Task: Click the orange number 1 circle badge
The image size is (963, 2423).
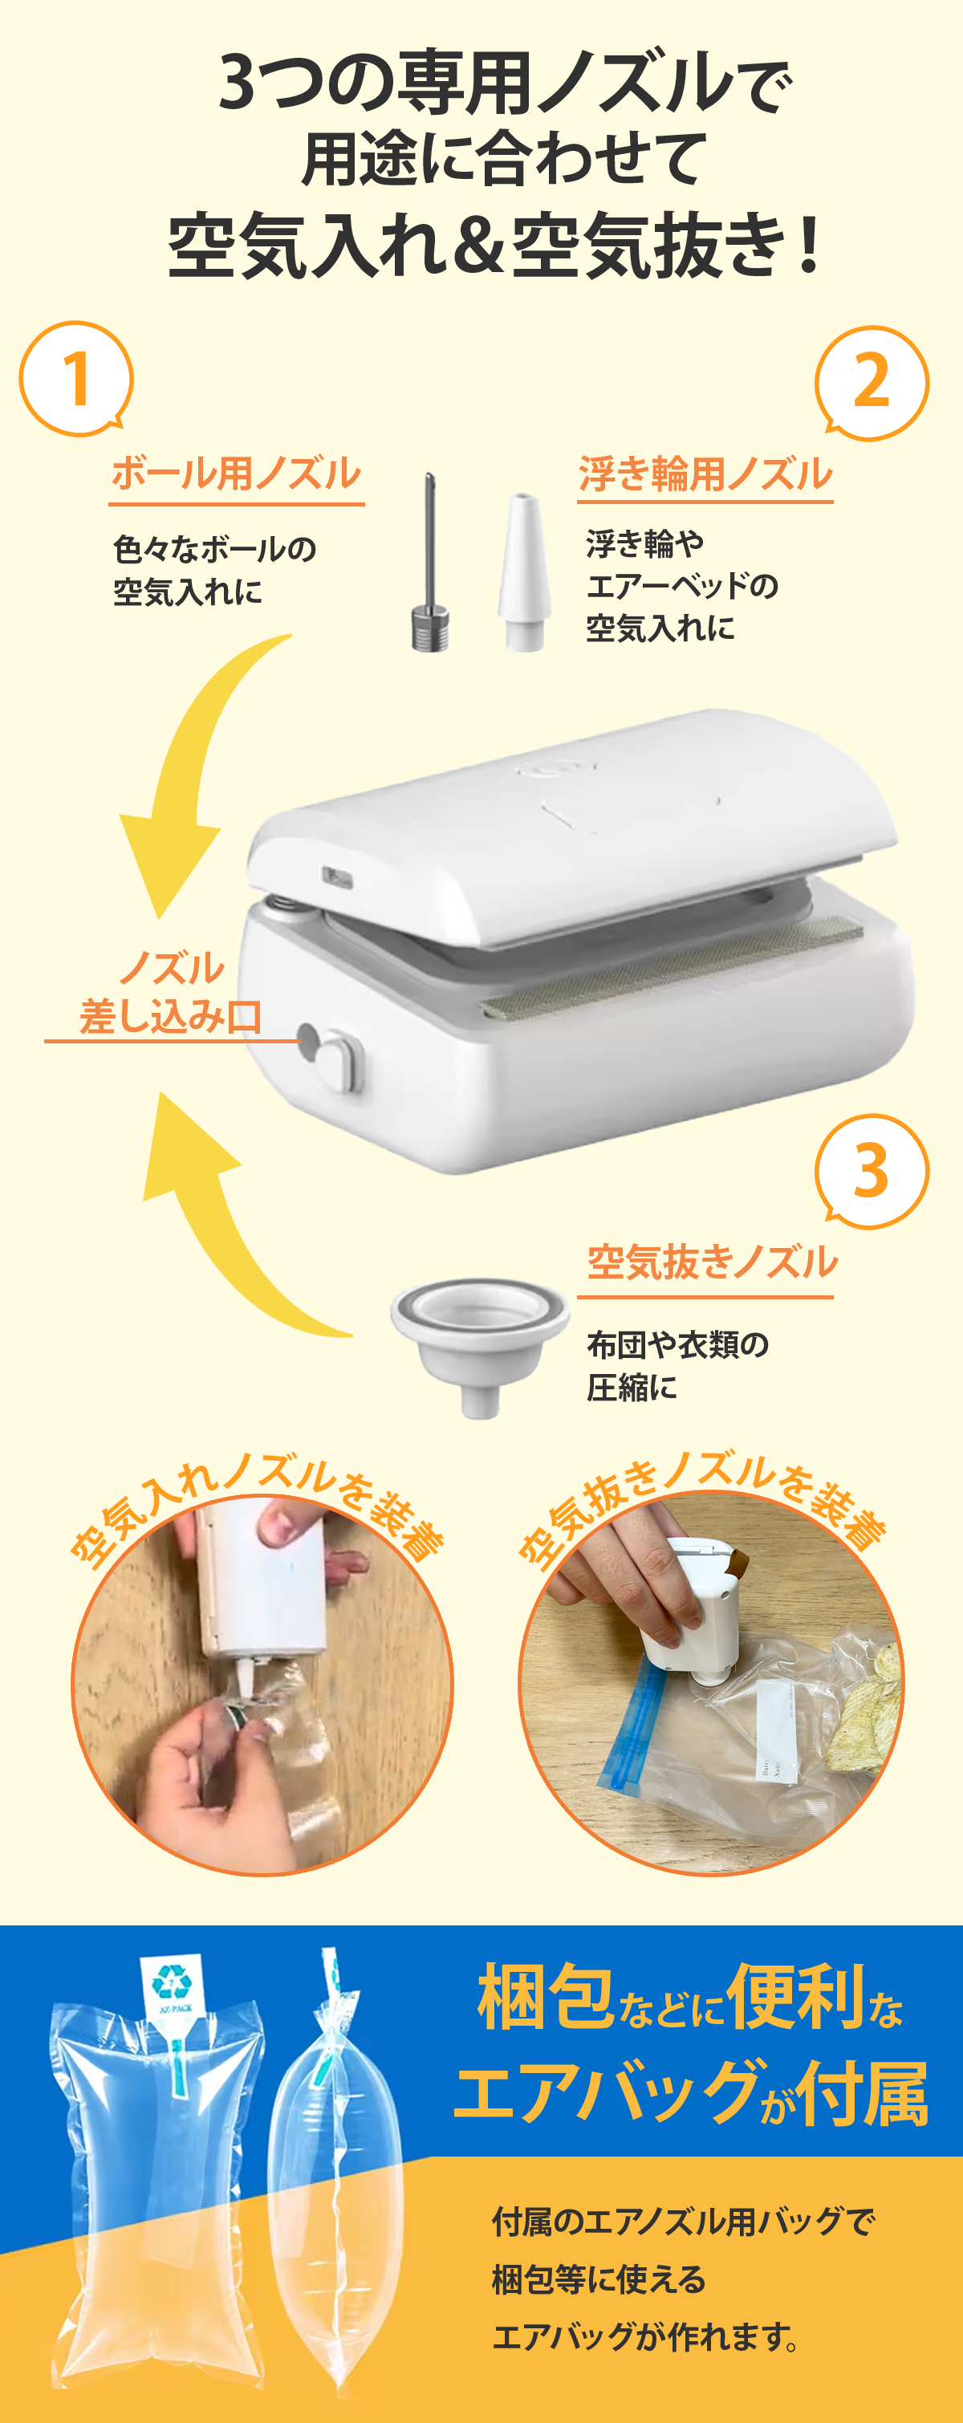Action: [76, 378]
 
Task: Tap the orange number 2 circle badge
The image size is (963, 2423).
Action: [872, 383]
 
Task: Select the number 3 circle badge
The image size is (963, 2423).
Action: [872, 1172]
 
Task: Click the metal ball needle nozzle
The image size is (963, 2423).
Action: [431, 564]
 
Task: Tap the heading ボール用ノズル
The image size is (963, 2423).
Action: [236, 474]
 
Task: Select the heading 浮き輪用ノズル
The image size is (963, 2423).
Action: [705, 474]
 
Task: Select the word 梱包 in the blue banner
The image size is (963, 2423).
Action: [546, 1996]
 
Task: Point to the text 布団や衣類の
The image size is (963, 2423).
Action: [677, 1345]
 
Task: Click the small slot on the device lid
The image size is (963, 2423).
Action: [338, 876]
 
